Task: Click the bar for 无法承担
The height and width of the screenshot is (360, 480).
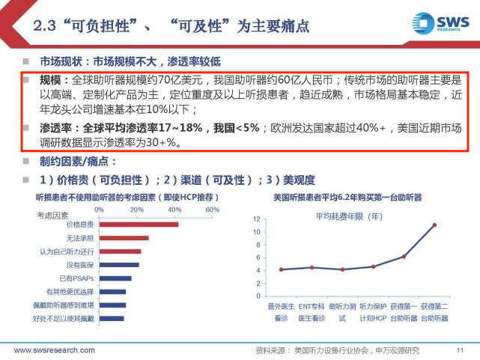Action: (124, 238)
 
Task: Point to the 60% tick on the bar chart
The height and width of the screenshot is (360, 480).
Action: (212, 210)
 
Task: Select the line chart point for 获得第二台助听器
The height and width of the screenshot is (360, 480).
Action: (434, 225)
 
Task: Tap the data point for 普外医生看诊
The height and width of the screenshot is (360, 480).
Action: (281, 269)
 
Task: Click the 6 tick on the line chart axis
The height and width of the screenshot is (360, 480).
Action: (257, 257)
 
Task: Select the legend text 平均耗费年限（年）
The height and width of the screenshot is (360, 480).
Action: (348, 216)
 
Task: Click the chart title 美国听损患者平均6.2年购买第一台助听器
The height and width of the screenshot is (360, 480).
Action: (347, 198)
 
